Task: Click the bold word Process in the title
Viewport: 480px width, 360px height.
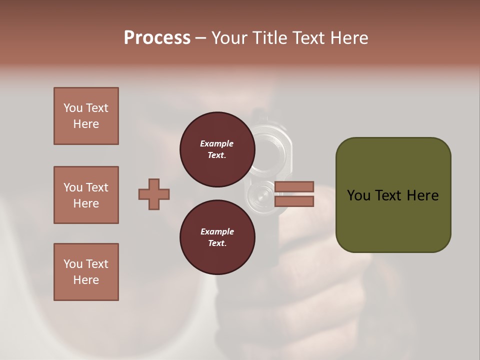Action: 157,38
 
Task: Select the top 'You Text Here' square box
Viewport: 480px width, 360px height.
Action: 86,116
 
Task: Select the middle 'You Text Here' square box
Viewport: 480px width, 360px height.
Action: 86,195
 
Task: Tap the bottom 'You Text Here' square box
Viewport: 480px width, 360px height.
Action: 86,272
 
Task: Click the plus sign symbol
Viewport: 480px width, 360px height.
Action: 154,194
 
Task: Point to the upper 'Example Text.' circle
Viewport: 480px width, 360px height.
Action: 217,149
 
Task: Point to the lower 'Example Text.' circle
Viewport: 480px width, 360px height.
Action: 217,237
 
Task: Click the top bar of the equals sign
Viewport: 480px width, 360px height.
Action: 294,187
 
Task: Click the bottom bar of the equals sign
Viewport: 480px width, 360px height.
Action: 294,201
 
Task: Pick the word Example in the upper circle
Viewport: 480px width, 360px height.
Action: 216,143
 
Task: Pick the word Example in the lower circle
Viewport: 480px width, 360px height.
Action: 216,231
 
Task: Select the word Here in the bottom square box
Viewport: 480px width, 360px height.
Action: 86,280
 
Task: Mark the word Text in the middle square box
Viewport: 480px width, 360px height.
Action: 97,187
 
